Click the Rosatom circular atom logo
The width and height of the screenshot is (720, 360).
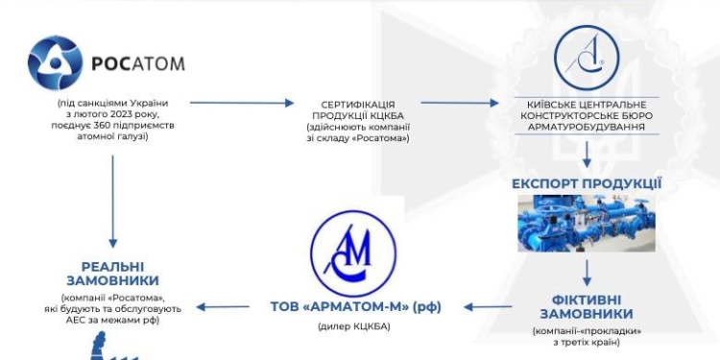coord(57,64)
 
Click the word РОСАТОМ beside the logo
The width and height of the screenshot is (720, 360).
coord(137,65)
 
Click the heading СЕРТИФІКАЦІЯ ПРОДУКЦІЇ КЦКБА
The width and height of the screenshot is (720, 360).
coord(358,109)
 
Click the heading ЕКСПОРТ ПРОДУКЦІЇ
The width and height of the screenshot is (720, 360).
coord(587,182)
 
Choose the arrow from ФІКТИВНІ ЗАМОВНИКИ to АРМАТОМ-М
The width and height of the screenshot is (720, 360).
coord(493,307)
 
